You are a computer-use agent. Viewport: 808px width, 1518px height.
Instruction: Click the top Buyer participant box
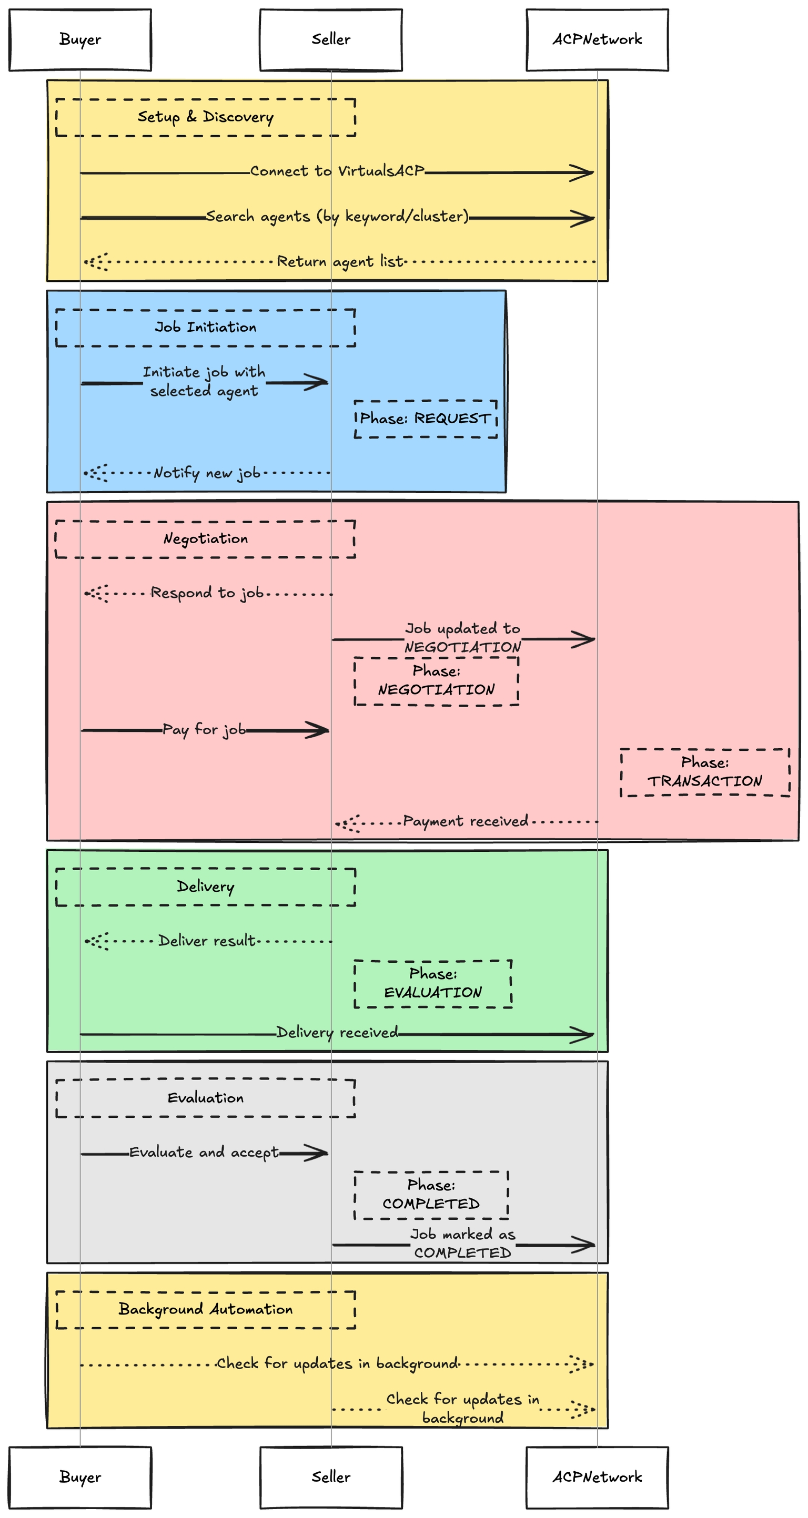pos(79,39)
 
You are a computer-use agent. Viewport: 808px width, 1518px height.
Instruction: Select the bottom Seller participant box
pos(331,1477)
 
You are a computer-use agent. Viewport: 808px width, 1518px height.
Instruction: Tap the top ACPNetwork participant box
pos(597,39)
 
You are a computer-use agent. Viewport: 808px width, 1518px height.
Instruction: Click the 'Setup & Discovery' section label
pos(205,117)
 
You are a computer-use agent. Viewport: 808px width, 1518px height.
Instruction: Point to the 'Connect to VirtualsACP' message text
pos(337,171)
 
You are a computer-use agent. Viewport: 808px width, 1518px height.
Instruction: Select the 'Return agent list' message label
pos(340,261)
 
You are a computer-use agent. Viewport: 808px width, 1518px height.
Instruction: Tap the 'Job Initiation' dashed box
pos(205,328)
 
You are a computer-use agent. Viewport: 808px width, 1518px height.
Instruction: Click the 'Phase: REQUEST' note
pos(425,419)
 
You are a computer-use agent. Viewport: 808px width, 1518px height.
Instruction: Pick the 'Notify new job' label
pos(206,473)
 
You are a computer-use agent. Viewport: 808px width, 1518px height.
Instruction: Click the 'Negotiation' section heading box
pos(205,538)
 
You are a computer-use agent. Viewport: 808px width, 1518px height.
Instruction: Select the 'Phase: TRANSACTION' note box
pos(704,772)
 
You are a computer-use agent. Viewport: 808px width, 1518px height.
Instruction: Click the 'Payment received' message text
pos(465,821)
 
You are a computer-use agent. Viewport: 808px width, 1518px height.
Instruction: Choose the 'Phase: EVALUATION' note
pos(432,983)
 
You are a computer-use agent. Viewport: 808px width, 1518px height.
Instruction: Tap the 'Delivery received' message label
pos(337,1033)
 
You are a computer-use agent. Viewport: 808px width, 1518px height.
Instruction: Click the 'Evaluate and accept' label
pos(204,1153)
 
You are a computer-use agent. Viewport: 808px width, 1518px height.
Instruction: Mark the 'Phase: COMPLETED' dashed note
pos(431,1195)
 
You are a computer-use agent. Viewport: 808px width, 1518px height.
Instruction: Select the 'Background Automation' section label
pos(205,1309)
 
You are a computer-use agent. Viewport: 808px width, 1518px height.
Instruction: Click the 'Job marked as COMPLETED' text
pos(462,1244)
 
